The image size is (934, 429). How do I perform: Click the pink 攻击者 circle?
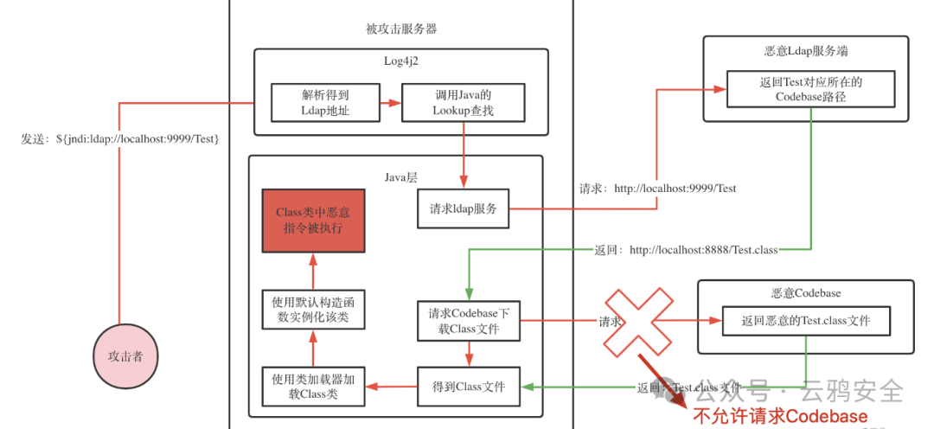pos(125,355)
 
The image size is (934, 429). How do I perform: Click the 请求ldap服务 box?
pos(464,208)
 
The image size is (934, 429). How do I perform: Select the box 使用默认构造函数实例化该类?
pos(313,310)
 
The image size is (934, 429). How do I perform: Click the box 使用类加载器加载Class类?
pos(313,386)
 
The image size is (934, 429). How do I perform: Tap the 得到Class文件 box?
pos(468,386)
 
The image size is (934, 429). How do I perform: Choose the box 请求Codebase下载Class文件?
pos(468,320)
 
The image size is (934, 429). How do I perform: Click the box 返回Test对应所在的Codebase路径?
pos(809,89)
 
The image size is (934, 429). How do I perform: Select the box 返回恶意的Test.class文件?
pos(805,321)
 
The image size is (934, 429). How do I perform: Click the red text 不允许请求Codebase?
pos(779,417)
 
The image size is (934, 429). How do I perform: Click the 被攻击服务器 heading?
pos(401,29)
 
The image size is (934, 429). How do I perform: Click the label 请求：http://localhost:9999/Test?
pos(658,188)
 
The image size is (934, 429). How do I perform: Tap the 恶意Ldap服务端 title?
pos(805,51)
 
